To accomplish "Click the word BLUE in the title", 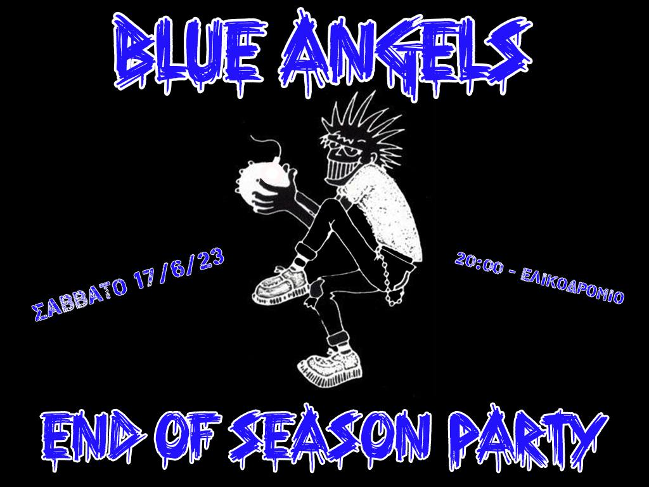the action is (189, 54).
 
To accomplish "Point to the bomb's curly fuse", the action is (268, 147).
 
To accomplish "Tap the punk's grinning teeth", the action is (340, 171).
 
